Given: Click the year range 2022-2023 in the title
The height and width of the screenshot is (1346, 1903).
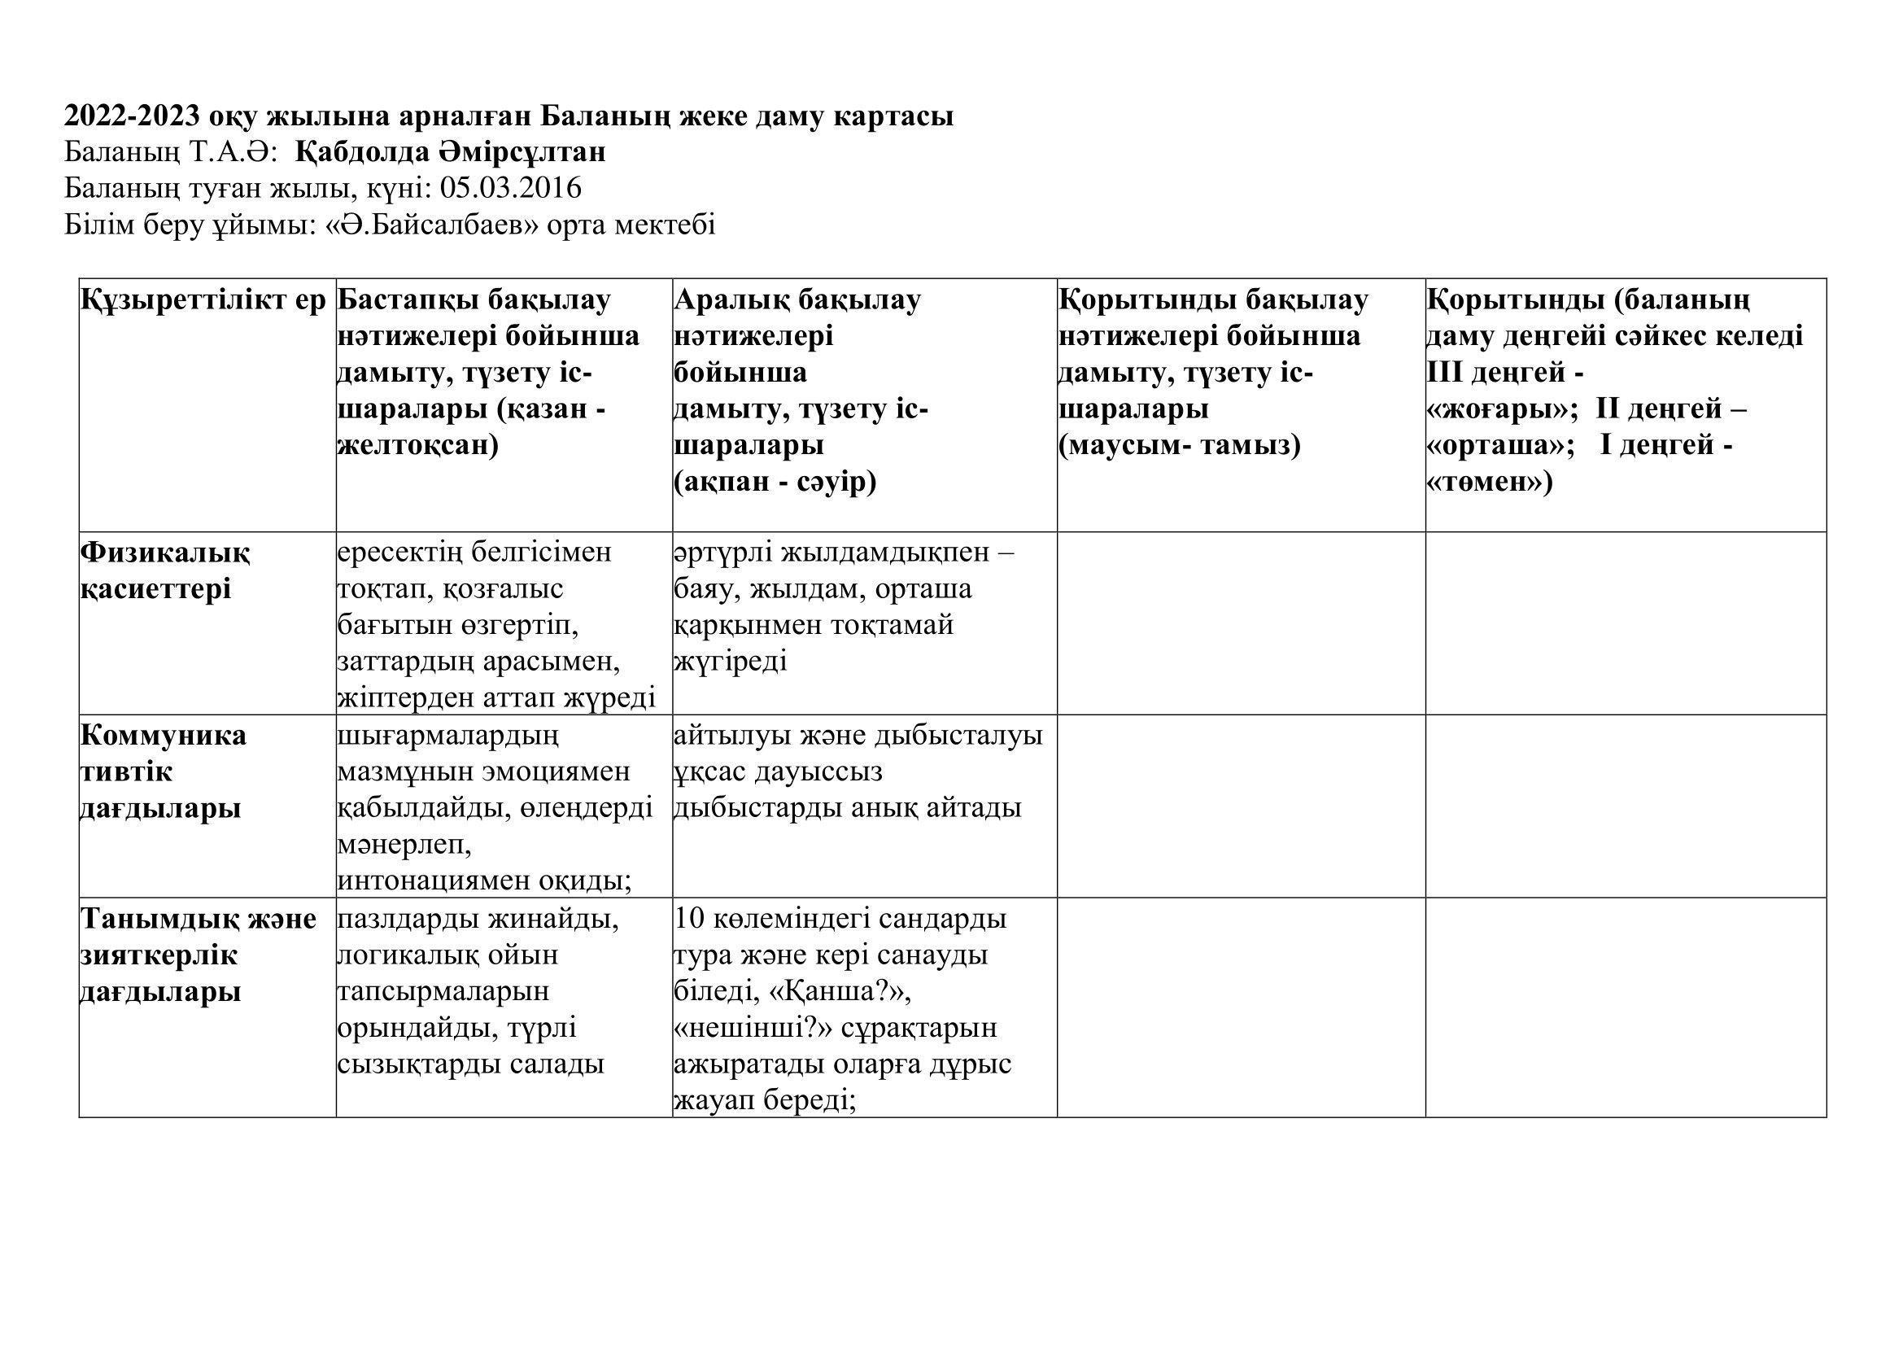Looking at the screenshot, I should pyautogui.click(x=131, y=116).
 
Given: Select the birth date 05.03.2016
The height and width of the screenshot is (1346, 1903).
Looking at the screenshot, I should pyautogui.click(x=511, y=189).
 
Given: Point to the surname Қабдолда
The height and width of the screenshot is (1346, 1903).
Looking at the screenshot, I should pyautogui.click(x=374, y=152).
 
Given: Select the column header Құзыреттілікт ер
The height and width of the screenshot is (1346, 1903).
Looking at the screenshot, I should pyautogui.click(x=204, y=300).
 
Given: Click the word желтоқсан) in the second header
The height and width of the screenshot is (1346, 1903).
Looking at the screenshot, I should pyautogui.click(x=417, y=446).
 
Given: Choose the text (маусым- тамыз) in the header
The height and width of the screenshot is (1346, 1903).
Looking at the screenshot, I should pyautogui.click(x=1180, y=446).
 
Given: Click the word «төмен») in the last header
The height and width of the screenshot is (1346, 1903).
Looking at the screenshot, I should pyautogui.click(x=1490, y=482).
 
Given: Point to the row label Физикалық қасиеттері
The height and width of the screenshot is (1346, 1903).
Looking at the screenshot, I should pyautogui.click(x=165, y=570).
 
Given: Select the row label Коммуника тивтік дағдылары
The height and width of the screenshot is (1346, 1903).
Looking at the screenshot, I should pyautogui.click(x=163, y=771).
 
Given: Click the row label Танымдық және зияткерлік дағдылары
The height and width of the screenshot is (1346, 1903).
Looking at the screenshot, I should pyautogui.click(x=198, y=955).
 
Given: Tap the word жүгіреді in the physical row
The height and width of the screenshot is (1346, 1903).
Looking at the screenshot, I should pyautogui.click(x=730, y=662).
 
